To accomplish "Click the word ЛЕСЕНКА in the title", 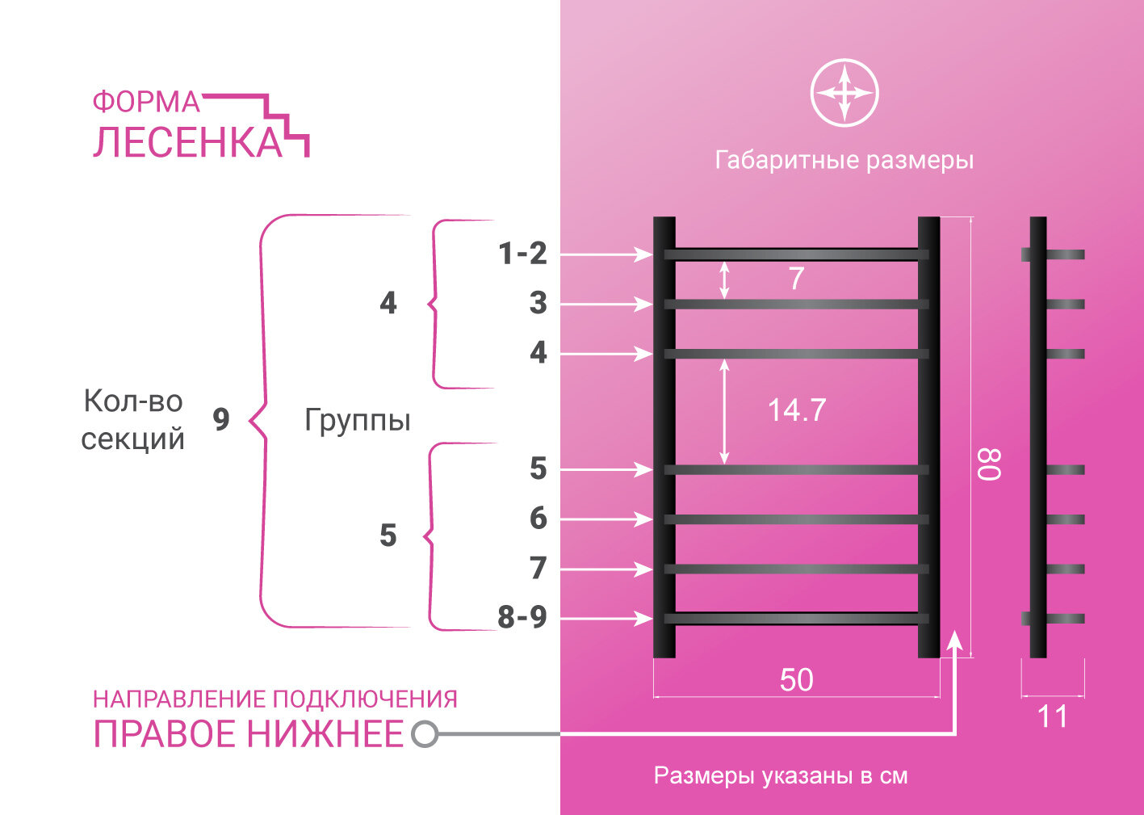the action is tap(187, 142).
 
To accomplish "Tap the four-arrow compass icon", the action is tap(844, 93).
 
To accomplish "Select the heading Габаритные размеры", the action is tap(844, 160).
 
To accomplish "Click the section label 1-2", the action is tap(522, 254).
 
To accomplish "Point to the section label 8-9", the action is tap(522, 617).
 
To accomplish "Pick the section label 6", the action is tap(538, 518).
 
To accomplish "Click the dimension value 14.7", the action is tap(796, 410).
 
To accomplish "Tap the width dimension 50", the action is tap(796, 680).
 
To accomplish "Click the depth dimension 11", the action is tap(1052, 716).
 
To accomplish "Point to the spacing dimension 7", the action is tap(796, 279).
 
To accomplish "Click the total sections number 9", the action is tap(220, 419).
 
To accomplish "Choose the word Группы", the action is tap(358, 420).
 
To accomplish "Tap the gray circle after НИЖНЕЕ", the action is tap(425, 734).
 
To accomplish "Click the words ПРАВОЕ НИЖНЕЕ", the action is tap(248, 734).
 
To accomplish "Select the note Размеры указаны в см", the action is tap(781, 776).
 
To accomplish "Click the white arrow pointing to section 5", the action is tap(606, 469).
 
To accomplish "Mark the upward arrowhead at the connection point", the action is tap(955, 640).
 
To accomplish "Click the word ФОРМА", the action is tap(145, 103).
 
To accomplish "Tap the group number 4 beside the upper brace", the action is tap(388, 303).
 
